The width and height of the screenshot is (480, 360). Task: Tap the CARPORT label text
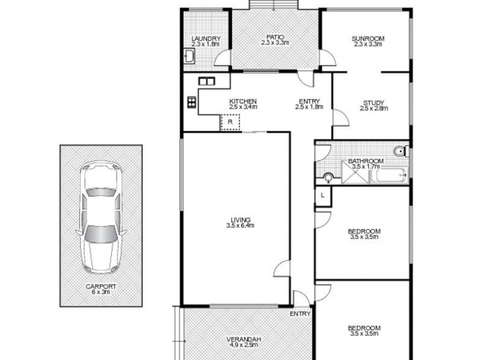101,286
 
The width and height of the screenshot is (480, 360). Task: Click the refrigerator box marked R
230,122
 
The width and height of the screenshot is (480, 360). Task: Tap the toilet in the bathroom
402,151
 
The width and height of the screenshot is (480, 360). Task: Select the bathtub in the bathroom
388,176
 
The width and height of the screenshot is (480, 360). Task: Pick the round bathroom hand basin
328,177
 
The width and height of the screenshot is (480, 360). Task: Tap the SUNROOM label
368,38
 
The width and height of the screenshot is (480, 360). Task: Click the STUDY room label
374,102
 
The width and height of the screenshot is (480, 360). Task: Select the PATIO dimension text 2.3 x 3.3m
275,43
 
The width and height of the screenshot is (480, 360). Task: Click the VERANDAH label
242,339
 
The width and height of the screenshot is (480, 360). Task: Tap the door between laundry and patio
223,58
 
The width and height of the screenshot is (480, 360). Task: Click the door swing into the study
340,116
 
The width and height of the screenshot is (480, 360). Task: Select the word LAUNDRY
206,38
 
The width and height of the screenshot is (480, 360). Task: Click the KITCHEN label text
243,101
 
